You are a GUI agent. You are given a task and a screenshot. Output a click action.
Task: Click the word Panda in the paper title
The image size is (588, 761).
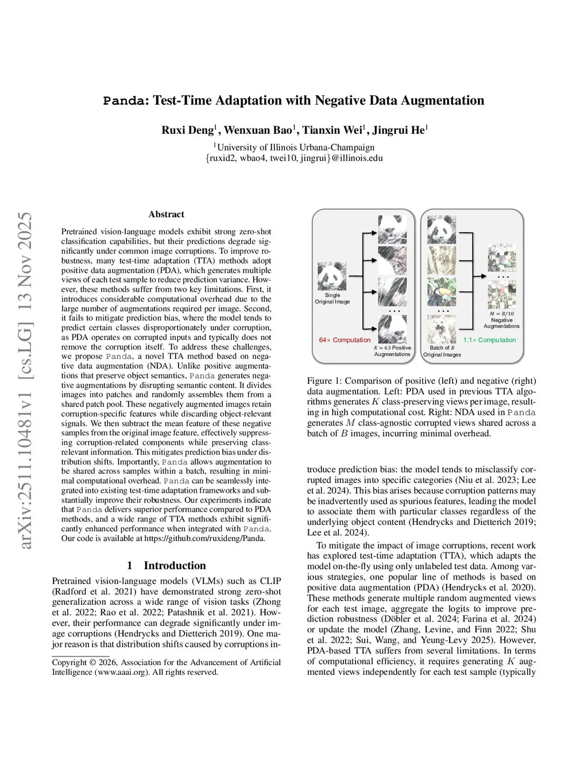(x=123, y=101)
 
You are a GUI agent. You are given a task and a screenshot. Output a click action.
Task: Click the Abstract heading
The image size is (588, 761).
(x=167, y=214)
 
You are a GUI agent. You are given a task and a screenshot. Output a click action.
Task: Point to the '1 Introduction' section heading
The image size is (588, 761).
(x=167, y=566)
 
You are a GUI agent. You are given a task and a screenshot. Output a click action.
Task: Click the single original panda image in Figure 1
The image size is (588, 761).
(x=332, y=276)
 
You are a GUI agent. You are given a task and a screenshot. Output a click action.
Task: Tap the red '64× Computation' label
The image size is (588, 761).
(x=345, y=340)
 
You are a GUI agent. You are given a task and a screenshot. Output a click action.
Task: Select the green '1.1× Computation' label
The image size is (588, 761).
(x=489, y=340)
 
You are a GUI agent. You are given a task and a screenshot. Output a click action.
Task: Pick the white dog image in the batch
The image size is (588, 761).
(x=441, y=329)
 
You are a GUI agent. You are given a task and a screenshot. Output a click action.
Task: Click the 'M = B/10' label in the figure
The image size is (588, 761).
(x=501, y=314)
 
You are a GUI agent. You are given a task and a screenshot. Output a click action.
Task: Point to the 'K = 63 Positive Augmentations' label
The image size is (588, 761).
(x=392, y=351)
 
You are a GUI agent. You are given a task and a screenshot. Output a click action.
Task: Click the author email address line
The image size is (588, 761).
(x=294, y=158)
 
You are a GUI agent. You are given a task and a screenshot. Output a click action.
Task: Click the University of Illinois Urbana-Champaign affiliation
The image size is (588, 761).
(x=294, y=147)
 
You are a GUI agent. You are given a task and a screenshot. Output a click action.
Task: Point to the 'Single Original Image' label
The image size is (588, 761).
(x=332, y=298)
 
